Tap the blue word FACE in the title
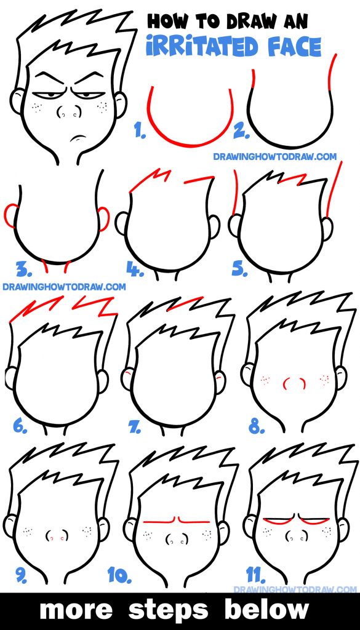coord(294,47)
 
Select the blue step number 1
coord(140,130)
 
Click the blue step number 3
coord(23,269)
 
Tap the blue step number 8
coord(256,424)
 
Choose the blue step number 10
coord(121,576)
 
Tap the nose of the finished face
coord(68,113)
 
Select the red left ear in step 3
coord(11,215)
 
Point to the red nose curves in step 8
coord(294,383)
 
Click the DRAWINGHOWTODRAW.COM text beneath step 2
coord(274,156)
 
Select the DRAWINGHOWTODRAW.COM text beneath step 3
coord(64,286)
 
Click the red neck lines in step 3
coord(57,266)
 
